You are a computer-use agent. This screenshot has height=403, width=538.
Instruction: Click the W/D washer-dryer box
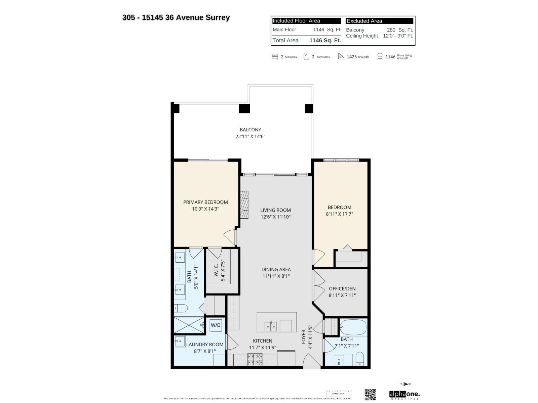(216, 325)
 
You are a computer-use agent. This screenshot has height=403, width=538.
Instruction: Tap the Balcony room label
(250, 130)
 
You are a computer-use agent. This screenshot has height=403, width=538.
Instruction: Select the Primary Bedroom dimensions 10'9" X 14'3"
(205, 209)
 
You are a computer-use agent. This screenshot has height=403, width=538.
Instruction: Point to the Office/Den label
(342, 288)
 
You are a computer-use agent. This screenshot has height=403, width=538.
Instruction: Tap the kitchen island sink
(271, 326)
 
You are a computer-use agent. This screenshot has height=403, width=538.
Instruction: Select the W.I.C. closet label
(216, 270)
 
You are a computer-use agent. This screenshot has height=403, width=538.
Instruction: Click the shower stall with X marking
(189, 325)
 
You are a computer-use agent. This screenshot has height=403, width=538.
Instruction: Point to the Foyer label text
(304, 337)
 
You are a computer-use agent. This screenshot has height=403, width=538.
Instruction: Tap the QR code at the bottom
(370, 395)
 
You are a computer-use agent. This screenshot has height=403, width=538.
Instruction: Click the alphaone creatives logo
(404, 394)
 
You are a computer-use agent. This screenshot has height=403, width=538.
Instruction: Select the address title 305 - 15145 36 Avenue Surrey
(176, 17)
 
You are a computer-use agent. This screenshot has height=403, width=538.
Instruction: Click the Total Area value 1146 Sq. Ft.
(325, 40)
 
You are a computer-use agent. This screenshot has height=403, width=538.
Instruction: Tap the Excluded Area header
(364, 21)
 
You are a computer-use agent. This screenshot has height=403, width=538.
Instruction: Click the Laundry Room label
(205, 345)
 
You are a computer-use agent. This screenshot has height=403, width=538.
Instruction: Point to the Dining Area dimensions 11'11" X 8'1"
(276, 276)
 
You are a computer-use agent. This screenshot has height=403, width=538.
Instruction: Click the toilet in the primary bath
(181, 308)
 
